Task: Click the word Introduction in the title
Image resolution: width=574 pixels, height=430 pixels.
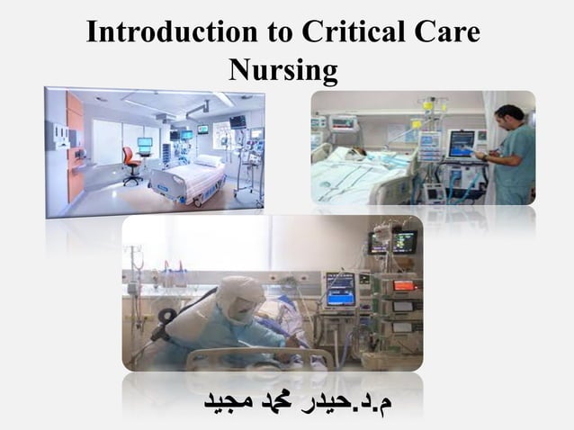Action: point(161,31)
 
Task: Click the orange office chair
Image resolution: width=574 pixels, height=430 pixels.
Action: point(131,163)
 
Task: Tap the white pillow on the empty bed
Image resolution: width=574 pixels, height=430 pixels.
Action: point(208,161)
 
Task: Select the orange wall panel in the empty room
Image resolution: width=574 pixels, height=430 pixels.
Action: point(75,144)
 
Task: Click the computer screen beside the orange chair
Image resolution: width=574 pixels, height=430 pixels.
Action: point(145,145)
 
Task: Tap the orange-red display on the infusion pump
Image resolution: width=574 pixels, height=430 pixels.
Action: point(403,284)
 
